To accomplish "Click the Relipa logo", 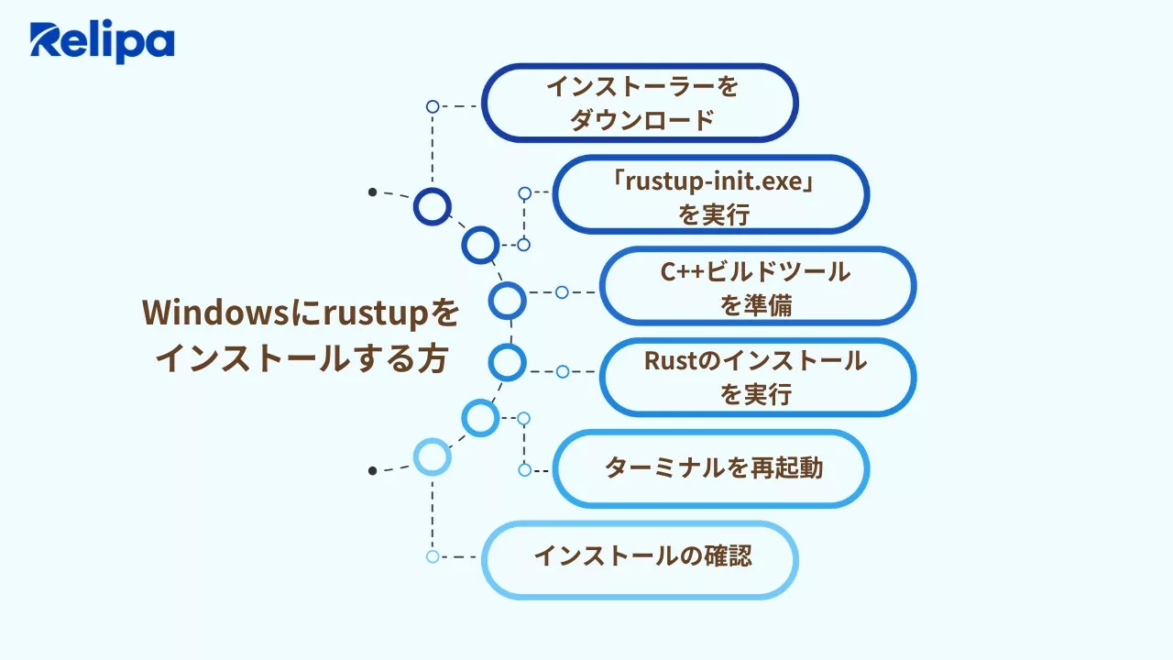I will (102, 42).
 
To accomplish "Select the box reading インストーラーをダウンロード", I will (640, 103).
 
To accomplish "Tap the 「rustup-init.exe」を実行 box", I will (711, 194).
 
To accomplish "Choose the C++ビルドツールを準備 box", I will (757, 286).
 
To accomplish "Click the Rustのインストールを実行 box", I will (757, 377).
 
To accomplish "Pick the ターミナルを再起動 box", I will (711, 468).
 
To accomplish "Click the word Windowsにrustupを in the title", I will (301, 313).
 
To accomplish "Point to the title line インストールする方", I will (301, 357).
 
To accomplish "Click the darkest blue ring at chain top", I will (432, 206).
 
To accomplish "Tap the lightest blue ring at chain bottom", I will (432, 456).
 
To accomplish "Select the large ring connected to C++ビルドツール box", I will (507, 300).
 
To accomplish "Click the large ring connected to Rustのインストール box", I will (507, 362).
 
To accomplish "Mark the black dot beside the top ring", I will (372, 192).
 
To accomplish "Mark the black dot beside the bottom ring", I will (372, 470).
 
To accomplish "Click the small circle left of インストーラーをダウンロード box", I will (433, 106).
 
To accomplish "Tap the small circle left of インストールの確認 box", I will (433, 556).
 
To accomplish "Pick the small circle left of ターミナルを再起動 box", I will (524, 469).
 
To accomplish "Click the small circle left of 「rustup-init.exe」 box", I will (524, 193).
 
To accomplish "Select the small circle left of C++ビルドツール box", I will (562, 292).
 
